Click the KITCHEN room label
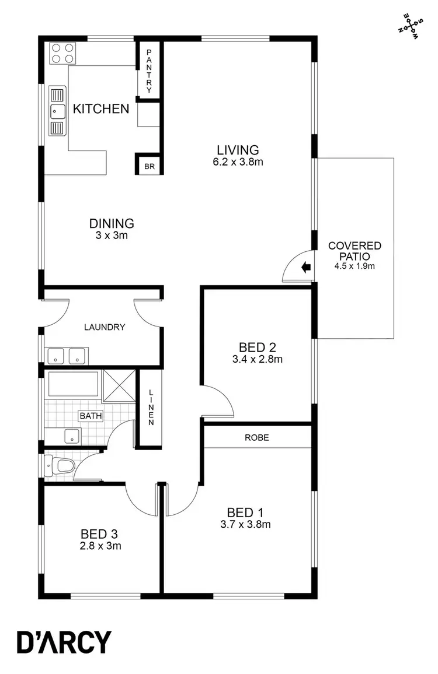pyautogui.click(x=100, y=108)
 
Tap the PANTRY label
pyautogui.click(x=150, y=71)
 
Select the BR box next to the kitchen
pyautogui.click(x=150, y=166)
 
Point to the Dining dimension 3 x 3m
pyautogui.click(x=112, y=235)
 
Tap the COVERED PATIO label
pyautogui.click(x=354, y=251)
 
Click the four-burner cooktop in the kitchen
pyautogui.click(x=63, y=54)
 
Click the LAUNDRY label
pyautogui.click(x=105, y=327)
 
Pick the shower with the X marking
pyautogui.click(x=119, y=385)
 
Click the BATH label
pyautogui.click(x=91, y=416)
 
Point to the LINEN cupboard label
pyautogui.click(x=151, y=406)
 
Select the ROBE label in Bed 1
pyautogui.click(x=257, y=437)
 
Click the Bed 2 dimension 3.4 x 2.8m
pyautogui.click(x=258, y=360)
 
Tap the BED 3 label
pyautogui.click(x=100, y=533)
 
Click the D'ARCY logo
pyautogui.click(x=64, y=642)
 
